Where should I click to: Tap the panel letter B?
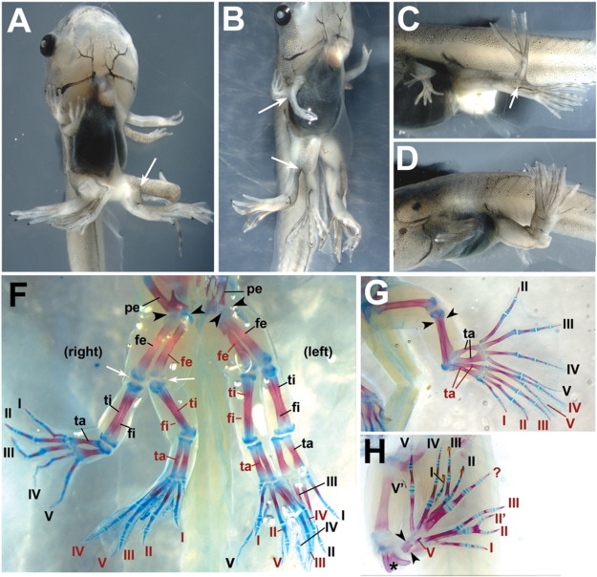tap(233, 20)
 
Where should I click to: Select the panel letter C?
tap(409, 18)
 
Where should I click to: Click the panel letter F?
tap(19, 293)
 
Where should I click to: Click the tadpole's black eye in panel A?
tap(50, 46)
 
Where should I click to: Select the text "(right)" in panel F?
tap(84, 353)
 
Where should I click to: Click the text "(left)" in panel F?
tap(320, 353)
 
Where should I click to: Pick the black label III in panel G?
tap(567, 325)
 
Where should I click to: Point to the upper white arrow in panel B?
tap(272, 105)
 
